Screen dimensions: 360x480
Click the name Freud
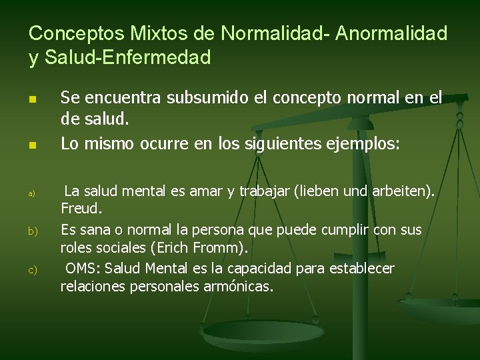[x=81, y=209]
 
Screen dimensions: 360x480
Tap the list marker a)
[x=31, y=193]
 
